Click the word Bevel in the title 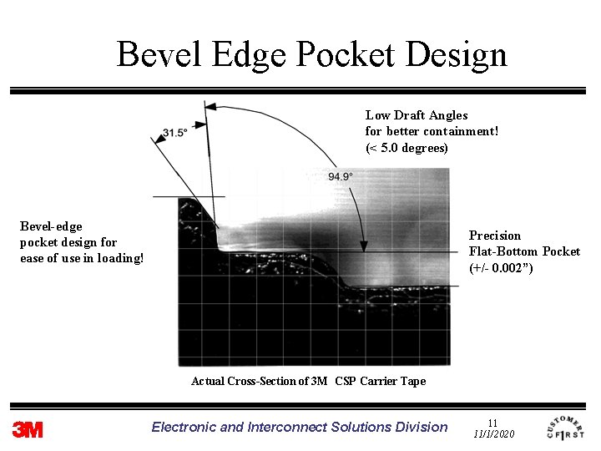click(158, 54)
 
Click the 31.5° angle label click(174, 133)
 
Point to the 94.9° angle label click(340, 176)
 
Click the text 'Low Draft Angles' click(417, 115)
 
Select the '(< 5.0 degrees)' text click(407, 148)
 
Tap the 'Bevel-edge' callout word click(51, 226)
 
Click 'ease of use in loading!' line click(82, 258)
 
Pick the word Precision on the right click(494, 236)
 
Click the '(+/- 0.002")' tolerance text click(501, 267)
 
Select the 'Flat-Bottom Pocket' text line click(524, 251)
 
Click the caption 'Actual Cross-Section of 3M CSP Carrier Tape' click(308, 381)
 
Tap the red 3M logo click(28, 429)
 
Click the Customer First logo click(566, 428)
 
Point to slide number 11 click(492, 423)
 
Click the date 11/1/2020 click(493, 434)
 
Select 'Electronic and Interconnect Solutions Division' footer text click(300, 427)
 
